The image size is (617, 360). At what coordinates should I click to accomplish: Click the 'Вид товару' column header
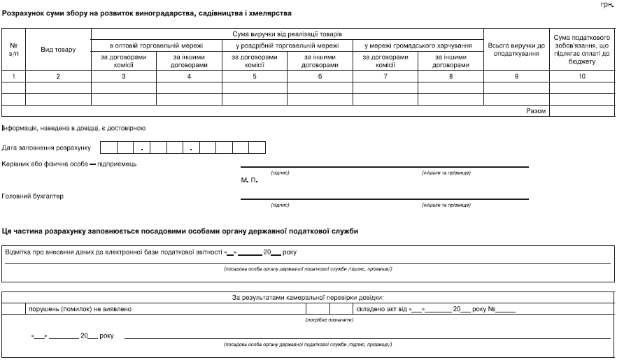(58, 50)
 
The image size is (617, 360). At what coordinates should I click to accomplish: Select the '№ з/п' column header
(13, 50)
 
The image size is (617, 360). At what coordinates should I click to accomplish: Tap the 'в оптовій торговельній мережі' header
(156, 45)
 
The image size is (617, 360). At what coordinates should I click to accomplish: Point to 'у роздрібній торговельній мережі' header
(287, 45)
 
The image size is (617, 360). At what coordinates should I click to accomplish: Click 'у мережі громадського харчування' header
(418, 45)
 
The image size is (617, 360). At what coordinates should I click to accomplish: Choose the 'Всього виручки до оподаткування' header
(516, 50)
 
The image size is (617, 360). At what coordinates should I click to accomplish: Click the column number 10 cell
(582, 75)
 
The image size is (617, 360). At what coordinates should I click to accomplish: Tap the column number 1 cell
(13, 75)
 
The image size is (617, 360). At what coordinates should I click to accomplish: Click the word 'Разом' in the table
(535, 110)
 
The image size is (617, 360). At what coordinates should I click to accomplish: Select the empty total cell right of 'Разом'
(582, 110)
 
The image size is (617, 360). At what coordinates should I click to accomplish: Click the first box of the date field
(108, 147)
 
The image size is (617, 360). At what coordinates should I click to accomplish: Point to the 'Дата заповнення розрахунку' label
(47, 148)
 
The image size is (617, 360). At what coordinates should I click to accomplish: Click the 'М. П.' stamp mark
(249, 180)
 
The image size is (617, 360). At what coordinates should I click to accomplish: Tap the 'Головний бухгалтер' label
(33, 196)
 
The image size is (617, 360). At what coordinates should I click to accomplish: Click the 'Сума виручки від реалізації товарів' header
(287, 34)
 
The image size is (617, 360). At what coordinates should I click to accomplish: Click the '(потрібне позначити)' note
(329, 319)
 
